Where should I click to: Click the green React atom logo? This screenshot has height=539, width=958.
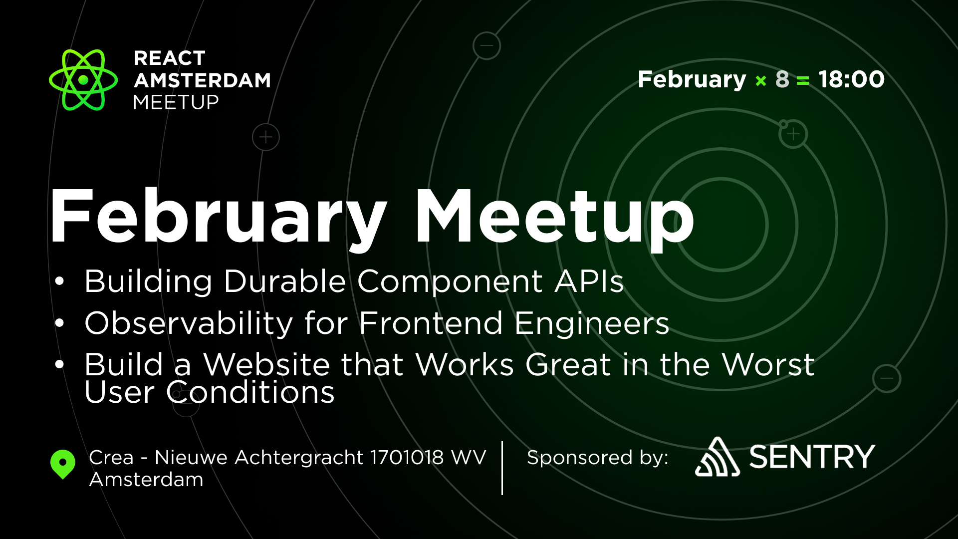coord(83,80)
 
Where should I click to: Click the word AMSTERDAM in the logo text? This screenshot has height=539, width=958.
coord(202,80)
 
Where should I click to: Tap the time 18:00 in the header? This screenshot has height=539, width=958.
coord(851,79)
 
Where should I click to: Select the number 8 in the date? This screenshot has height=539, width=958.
coord(782,79)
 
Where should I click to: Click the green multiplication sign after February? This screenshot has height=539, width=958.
coord(760,81)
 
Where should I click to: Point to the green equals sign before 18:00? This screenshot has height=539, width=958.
coord(803,81)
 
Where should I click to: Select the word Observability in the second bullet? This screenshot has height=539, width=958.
coord(189,323)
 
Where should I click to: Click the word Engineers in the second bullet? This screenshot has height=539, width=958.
coord(592,323)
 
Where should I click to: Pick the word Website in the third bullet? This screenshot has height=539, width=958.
coord(266,364)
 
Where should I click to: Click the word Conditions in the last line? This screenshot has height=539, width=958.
coord(250,392)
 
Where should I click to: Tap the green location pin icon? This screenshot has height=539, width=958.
coord(63,463)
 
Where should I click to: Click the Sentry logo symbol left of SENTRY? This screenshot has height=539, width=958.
coord(717,457)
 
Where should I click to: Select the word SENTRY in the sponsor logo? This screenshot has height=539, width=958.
coord(812,457)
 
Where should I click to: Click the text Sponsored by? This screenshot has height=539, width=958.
coord(597,457)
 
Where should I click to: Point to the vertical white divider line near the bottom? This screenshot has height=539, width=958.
coord(502,468)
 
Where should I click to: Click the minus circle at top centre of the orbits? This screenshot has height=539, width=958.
coord(486,46)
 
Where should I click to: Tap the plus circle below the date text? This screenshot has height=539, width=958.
coord(793,134)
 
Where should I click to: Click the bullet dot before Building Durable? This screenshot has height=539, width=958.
coord(60,281)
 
